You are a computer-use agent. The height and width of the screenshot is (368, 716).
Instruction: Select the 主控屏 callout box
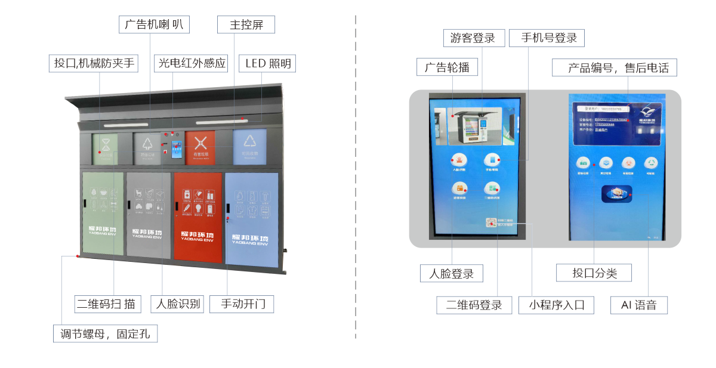tap(246, 25)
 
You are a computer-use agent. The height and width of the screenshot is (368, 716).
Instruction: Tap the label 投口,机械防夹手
tap(94, 63)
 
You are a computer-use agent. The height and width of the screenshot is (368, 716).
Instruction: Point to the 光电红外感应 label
tap(192, 63)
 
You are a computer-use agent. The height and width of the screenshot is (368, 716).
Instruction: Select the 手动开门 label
tap(246, 304)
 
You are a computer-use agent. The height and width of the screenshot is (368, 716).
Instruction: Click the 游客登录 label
tap(474, 38)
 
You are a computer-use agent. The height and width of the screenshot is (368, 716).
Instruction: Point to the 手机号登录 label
tap(547, 38)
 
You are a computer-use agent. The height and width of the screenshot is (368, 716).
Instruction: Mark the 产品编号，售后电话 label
tap(614, 68)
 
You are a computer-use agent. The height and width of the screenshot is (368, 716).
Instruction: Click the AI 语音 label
tap(639, 305)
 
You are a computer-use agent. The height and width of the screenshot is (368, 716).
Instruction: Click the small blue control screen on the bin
tap(177, 149)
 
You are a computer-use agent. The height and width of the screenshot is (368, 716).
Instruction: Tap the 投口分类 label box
tap(594, 273)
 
